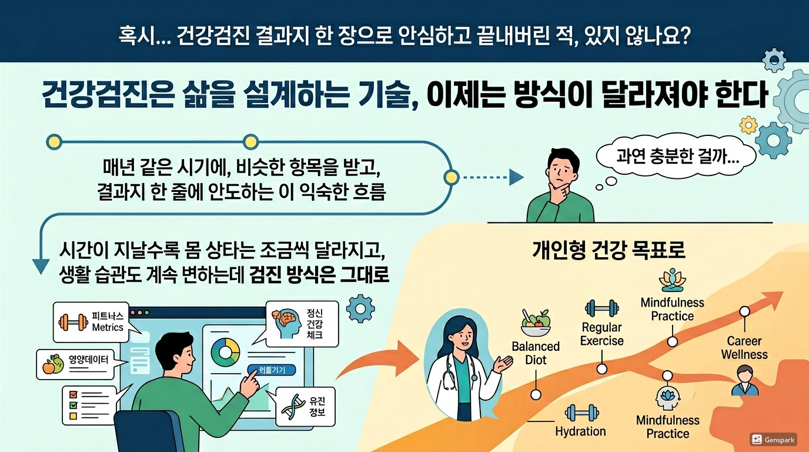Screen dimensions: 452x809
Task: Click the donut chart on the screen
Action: (225, 351)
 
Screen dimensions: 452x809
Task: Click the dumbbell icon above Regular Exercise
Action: (601, 308)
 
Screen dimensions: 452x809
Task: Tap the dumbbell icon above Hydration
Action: (579, 413)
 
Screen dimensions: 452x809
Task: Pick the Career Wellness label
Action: (744, 348)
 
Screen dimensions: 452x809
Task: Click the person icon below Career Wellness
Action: (744, 380)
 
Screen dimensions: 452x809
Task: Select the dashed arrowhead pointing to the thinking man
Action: (516, 177)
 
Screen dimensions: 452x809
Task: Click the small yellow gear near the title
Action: (748, 125)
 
